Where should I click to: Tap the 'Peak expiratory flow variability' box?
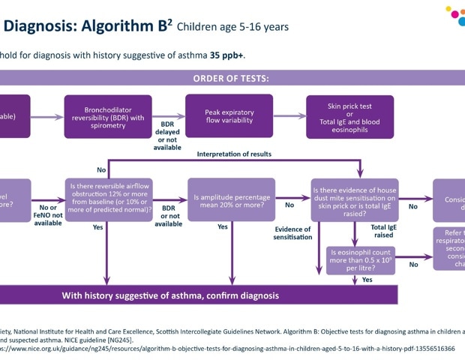[229, 117]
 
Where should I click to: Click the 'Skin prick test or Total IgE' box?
[349, 117]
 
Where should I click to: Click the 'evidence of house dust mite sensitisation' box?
[354, 199]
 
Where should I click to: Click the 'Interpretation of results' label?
[234, 154]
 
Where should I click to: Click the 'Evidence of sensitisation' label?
[292, 233]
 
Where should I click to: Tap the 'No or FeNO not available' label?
[48, 215]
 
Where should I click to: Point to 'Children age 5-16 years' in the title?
[232, 27]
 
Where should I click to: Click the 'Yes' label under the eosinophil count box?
[367, 279]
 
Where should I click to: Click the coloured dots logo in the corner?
[454, 16]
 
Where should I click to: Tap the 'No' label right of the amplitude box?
[289, 205]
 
